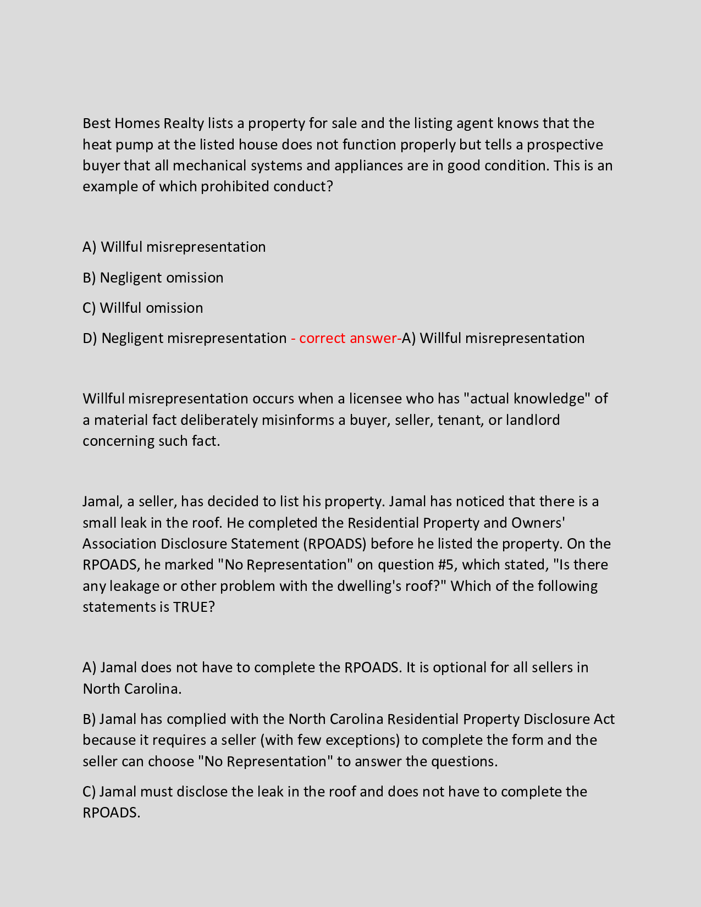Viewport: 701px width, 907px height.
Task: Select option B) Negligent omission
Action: (153, 278)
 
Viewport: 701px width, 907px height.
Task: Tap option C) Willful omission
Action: (143, 308)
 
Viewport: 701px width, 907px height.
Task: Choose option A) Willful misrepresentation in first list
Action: (174, 247)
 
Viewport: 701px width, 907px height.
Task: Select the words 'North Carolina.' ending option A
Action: (132, 689)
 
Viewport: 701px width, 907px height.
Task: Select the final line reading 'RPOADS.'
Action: (112, 812)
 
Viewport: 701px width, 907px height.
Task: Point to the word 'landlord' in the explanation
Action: (532, 420)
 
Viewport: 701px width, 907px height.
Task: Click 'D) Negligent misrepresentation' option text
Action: (185, 338)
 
